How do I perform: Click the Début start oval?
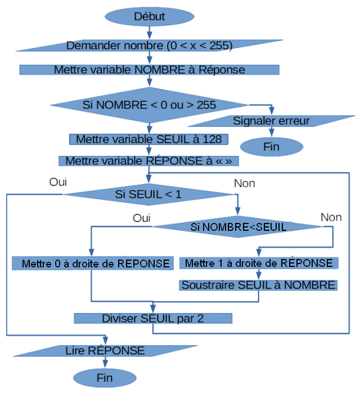pyautogui.click(x=149, y=16)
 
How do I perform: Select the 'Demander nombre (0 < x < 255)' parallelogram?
pyautogui.click(x=149, y=46)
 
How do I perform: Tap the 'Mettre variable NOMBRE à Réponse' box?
pyautogui.click(x=149, y=70)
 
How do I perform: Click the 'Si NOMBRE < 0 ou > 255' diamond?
pyautogui.click(x=149, y=105)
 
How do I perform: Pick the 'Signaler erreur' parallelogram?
pyautogui.click(x=271, y=120)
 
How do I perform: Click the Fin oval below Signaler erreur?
pyautogui.click(x=271, y=147)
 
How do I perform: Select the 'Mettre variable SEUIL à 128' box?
pyautogui.click(x=148, y=139)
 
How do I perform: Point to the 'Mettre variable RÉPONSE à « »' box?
pyautogui.click(x=148, y=161)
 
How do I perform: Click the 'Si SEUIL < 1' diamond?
pyautogui.click(x=148, y=194)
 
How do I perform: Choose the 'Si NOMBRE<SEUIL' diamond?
pyautogui.click(x=238, y=227)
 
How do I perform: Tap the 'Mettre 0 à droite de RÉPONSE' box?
pyautogui.click(x=92, y=263)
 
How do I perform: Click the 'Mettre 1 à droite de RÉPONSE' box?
pyautogui.click(x=258, y=263)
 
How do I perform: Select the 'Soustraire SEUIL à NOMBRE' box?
pyautogui.click(x=258, y=285)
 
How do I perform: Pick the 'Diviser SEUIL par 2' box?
pyautogui.click(x=152, y=318)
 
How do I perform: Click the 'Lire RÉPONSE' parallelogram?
pyautogui.click(x=105, y=350)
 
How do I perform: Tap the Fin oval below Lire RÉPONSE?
pyautogui.click(x=105, y=376)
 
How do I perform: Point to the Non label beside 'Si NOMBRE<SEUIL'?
pyautogui.click(x=331, y=217)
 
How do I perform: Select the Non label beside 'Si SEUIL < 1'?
pyautogui.click(x=244, y=183)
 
